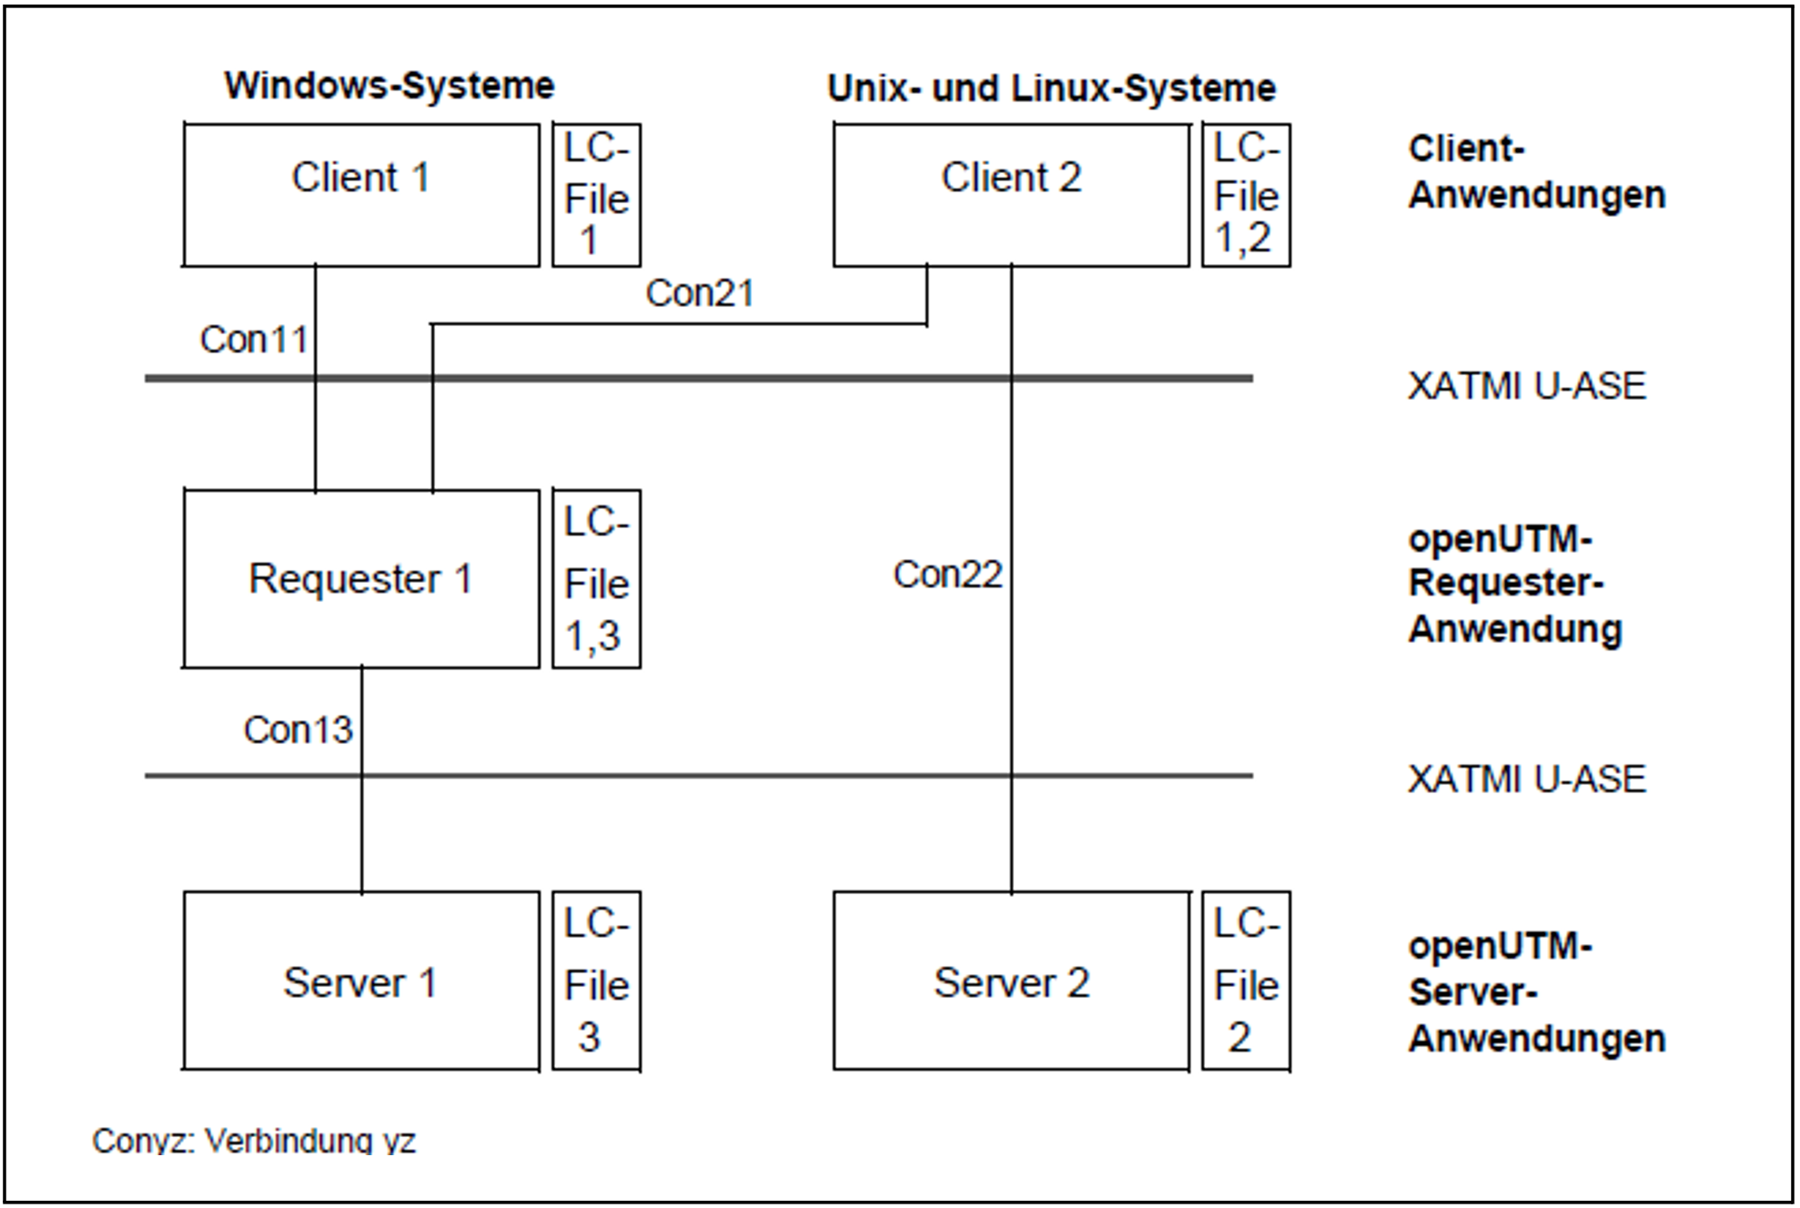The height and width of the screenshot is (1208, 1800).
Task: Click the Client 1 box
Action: [x=361, y=195]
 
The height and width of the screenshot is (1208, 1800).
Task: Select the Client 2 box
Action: [x=1011, y=195]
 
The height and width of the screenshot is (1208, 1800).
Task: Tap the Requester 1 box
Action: [x=361, y=579]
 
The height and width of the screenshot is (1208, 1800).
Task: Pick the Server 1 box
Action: [x=361, y=981]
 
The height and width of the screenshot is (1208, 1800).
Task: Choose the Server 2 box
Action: [x=1011, y=981]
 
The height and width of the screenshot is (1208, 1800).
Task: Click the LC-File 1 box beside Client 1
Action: [x=596, y=195]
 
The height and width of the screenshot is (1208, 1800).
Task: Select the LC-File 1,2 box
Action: [x=1246, y=195]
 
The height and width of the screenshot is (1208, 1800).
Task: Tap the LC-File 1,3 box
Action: [x=596, y=579]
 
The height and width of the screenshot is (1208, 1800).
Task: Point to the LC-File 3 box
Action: [x=596, y=981]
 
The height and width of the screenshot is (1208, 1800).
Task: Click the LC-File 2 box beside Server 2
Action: [x=1246, y=981]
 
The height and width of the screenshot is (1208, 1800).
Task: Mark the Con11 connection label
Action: [x=254, y=340]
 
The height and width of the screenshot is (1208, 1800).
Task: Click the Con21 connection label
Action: [x=700, y=293]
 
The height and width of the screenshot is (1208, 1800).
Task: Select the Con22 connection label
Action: [x=947, y=574]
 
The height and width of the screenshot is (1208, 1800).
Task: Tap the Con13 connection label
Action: [x=298, y=730]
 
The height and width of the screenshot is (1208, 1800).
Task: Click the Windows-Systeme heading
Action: [x=389, y=86]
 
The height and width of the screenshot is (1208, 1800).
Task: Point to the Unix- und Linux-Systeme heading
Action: [x=1051, y=88]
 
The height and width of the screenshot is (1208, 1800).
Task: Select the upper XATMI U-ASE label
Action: [x=1526, y=386]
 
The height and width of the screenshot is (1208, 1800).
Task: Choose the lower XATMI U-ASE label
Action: [x=1526, y=779]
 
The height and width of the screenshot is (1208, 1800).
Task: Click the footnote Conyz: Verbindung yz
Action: [x=254, y=1140]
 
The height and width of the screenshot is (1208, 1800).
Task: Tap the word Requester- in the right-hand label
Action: [x=1506, y=583]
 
